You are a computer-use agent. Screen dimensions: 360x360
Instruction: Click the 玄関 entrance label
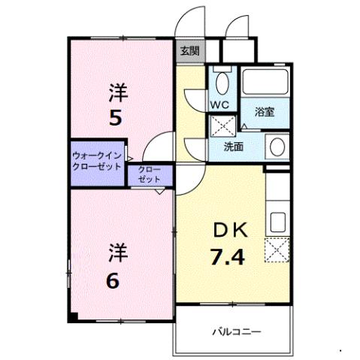pos(190,52)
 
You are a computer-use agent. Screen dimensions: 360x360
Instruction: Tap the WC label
pos(219,103)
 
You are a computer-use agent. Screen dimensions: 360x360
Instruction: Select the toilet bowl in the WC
pos(222,80)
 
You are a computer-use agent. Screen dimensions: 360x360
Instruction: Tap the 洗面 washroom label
pos(234,147)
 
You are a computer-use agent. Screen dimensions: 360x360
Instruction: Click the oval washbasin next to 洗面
pos(276,146)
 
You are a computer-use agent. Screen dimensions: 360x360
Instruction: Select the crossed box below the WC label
pos(222,125)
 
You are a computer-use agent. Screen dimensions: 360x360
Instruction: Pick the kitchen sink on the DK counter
pos(277,222)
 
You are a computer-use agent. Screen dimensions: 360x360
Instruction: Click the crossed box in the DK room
pos(277,248)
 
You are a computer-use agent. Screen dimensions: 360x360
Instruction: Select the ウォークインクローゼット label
pos(97,160)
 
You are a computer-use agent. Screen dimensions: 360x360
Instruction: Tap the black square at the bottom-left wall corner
pos(71,316)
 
